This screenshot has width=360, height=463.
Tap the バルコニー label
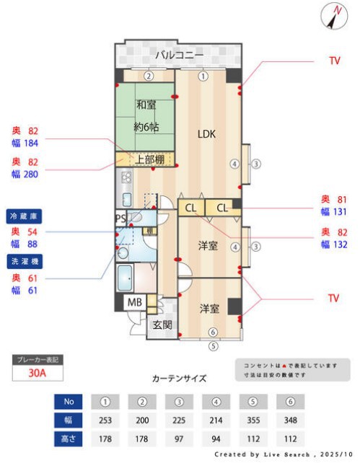[179, 55]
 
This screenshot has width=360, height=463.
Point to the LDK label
[208, 133]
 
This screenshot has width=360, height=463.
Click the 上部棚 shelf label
[149, 159]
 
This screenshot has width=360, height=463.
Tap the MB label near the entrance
[134, 303]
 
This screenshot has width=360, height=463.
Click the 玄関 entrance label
[162, 325]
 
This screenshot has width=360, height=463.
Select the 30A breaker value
[38, 374]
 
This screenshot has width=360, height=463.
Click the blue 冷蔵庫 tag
[25, 216]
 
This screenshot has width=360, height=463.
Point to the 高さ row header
[69, 438]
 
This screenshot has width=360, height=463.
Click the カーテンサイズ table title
[179, 378]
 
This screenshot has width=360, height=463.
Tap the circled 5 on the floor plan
[213, 345]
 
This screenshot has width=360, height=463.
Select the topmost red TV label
[334, 61]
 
